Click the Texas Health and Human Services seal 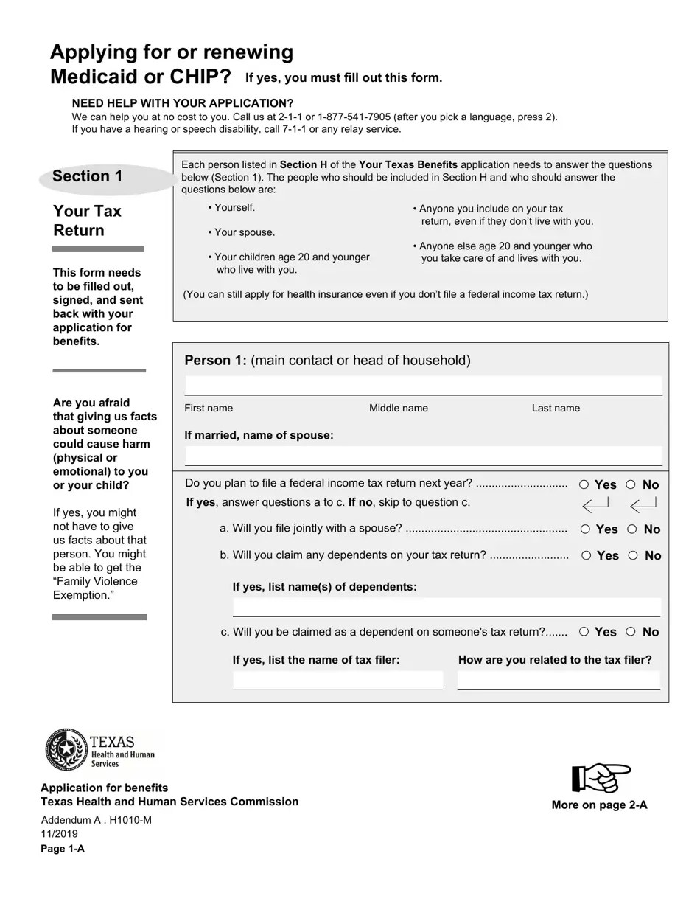coord(67,749)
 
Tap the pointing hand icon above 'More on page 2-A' coord(601,778)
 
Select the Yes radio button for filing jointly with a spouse coord(585,529)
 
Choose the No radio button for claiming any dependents coord(633,555)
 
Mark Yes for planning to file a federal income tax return coord(584,484)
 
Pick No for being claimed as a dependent coord(631,631)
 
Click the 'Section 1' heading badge coord(88,176)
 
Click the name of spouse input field coord(423,456)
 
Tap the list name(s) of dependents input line coord(446,608)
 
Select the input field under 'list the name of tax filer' coord(337,680)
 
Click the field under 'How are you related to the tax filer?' coord(558,680)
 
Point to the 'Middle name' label coord(398,408)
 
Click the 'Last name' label coord(556,408)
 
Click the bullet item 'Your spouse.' coord(244,232)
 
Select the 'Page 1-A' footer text coord(63,848)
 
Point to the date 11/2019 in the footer coord(59,834)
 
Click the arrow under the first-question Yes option coord(595,505)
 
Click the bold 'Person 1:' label coord(215,361)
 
